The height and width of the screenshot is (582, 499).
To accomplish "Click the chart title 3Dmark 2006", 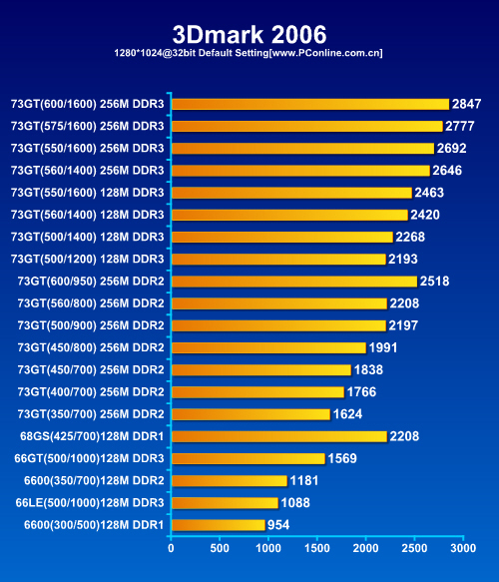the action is click(249, 35).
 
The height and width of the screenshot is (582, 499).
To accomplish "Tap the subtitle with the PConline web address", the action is click(249, 53).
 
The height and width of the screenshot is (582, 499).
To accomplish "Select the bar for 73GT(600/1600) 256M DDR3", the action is click(310, 104).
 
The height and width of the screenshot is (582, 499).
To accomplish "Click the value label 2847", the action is click(466, 104).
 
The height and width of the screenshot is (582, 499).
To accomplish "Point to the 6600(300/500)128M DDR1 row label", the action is click(94, 525).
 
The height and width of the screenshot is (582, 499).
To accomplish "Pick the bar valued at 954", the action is click(219, 525).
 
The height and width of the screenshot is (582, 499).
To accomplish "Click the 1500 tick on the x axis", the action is click(316, 548).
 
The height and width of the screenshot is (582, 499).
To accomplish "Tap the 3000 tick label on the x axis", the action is click(463, 548).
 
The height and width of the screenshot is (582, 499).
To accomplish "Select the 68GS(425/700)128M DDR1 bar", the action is click(279, 436).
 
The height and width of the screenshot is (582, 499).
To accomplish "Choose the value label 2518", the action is click(434, 282).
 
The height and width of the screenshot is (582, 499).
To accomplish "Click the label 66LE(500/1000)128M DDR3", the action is click(90, 502).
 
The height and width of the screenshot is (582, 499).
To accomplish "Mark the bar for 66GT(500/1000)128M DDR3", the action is click(249, 459).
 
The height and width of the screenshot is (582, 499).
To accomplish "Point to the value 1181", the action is click(304, 480).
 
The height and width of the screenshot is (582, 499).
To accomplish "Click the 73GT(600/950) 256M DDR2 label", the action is click(91, 281).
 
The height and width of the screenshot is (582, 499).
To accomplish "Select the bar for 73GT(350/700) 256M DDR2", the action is click(251, 414).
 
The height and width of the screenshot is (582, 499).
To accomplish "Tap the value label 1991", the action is click(383, 347).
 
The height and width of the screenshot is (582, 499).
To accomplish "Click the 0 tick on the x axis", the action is click(171, 548).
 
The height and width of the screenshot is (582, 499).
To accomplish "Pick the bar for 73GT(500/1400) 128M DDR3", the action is click(282, 238).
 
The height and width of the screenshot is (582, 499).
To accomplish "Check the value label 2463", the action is click(429, 193).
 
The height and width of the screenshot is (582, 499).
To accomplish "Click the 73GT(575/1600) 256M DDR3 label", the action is click(87, 126).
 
